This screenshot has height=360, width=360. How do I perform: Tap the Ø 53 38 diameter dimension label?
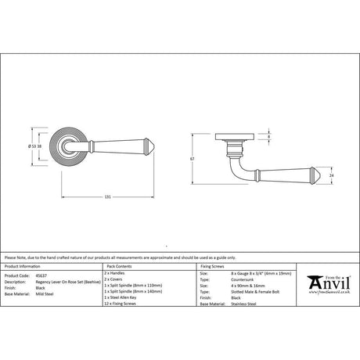pyautogui.click(x=35, y=147)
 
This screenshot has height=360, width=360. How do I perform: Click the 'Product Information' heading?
pyautogui.click(x=23, y=269)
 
